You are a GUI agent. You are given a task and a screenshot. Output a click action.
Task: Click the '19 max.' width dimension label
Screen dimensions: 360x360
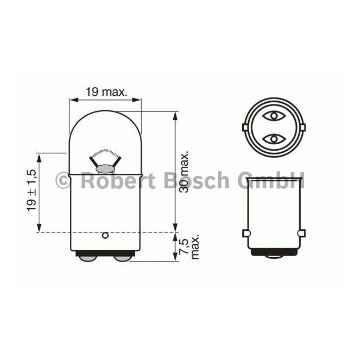point(106,92)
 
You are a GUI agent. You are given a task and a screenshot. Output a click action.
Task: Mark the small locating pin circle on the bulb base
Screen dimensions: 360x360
point(105,235)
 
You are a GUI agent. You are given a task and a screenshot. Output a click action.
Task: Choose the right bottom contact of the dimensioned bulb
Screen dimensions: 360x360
point(123,258)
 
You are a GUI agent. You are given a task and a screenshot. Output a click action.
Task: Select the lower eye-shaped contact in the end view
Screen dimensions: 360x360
point(273,139)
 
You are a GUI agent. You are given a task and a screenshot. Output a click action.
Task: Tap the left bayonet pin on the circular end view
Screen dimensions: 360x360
point(245,128)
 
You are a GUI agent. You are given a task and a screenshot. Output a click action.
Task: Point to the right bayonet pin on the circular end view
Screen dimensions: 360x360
point(302,128)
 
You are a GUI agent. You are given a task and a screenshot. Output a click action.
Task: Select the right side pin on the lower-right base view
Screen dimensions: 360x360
point(301,232)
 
